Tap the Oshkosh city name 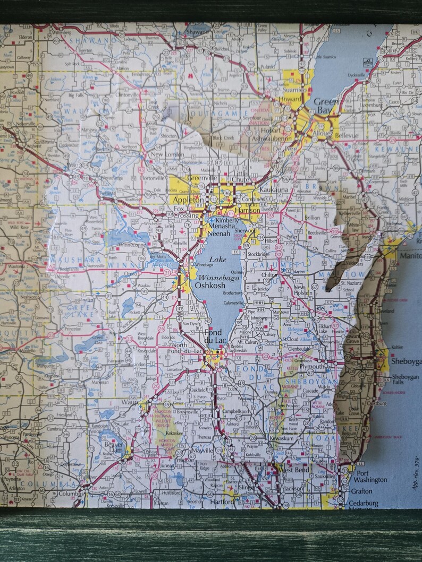[x=210, y=285]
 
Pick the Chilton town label [x=271, y=275]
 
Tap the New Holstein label [x=303, y=290]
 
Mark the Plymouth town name [x=311, y=366]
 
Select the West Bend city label [x=292, y=470]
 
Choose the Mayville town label [x=201, y=451]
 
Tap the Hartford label [x=222, y=501]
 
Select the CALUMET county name [x=273, y=264]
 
